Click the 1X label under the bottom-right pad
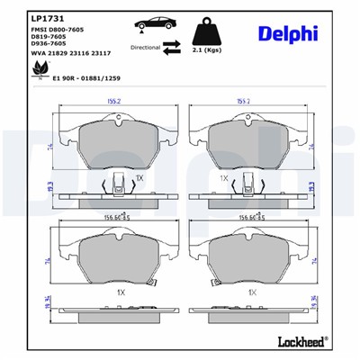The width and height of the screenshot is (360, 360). pos(252,292)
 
